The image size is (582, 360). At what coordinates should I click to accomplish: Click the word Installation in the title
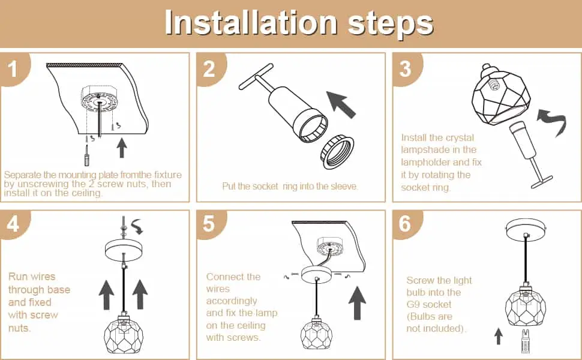click(251, 23)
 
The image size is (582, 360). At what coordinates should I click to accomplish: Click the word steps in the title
click(391, 25)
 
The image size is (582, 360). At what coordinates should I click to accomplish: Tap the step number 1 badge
click(13, 68)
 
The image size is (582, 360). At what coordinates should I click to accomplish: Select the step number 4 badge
click(13, 224)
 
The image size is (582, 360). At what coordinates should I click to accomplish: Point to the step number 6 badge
click(405, 224)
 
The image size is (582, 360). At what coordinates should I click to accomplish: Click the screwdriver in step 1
click(87, 155)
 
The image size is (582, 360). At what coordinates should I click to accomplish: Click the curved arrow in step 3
click(553, 120)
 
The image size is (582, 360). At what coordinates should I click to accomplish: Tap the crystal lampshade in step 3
click(501, 94)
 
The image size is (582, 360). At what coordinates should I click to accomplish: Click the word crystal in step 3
click(460, 137)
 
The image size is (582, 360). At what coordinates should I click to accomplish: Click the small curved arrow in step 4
click(137, 226)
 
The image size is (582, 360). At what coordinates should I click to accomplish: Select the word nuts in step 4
click(19, 328)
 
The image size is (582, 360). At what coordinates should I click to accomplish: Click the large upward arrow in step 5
click(357, 303)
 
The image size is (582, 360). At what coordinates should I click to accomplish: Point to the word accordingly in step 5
click(232, 301)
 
